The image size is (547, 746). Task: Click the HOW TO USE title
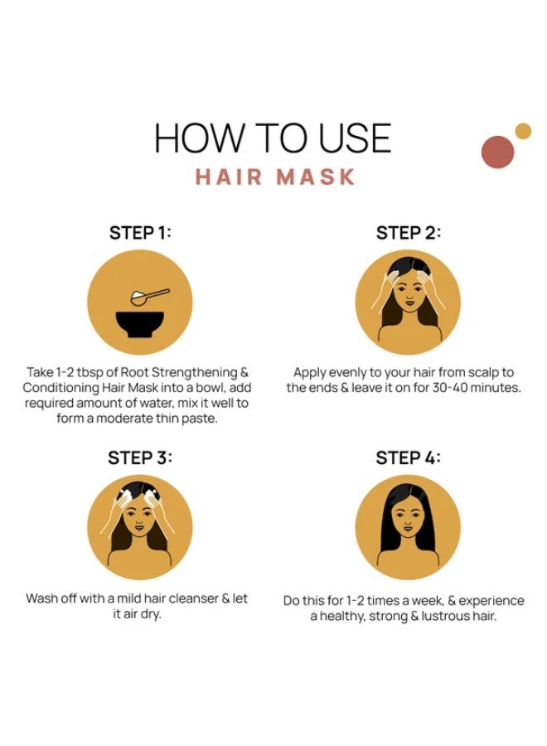(x=273, y=138)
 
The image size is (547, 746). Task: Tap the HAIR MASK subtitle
(x=275, y=177)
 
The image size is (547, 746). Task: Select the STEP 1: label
(x=140, y=233)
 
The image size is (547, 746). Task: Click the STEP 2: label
(x=408, y=233)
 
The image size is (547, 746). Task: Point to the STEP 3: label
(x=140, y=458)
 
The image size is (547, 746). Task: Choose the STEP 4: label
(x=408, y=458)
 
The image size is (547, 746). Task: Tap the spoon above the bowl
(x=150, y=297)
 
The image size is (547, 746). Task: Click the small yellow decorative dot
(x=523, y=131)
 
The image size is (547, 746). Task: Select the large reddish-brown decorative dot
(x=497, y=153)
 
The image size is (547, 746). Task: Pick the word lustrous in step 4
(x=446, y=616)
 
